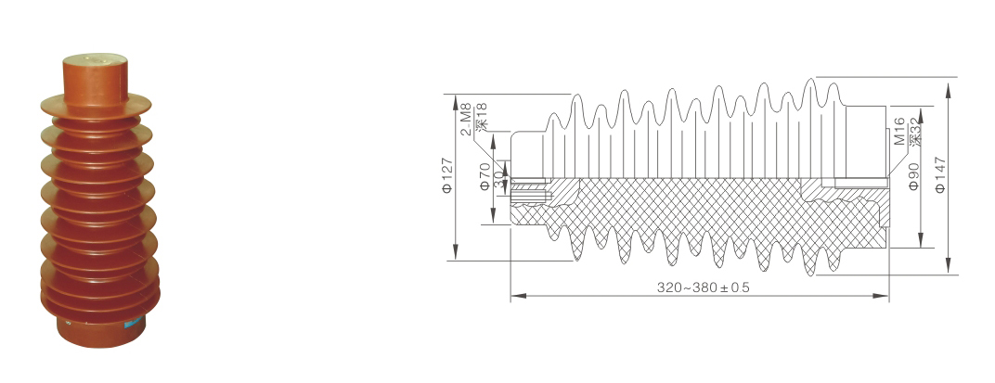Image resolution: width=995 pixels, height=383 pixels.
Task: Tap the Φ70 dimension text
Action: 485,176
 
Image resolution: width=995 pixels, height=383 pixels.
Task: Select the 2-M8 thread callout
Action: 466,120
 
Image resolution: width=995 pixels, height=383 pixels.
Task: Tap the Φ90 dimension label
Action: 913,177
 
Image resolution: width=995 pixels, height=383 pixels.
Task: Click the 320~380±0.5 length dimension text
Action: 704,287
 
